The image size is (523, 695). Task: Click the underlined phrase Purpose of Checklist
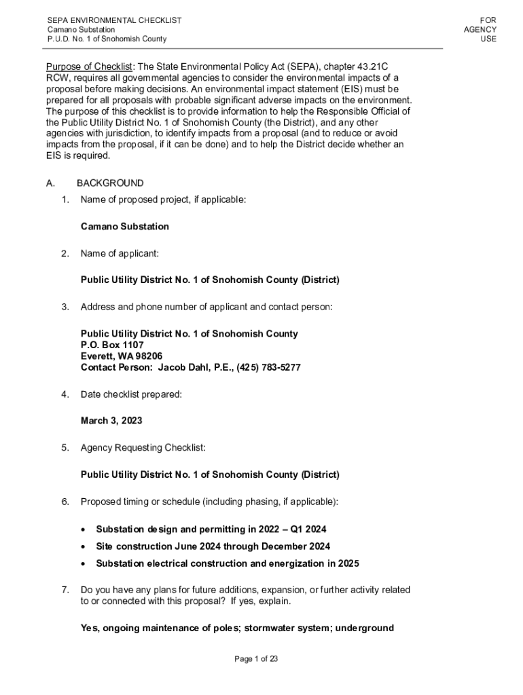(x=89, y=67)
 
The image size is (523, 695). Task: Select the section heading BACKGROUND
(x=110, y=183)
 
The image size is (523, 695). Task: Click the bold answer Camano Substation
(x=124, y=227)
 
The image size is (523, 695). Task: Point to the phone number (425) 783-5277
(x=268, y=367)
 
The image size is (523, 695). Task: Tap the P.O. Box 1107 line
(x=112, y=345)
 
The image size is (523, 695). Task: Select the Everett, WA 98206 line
(x=122, y=356)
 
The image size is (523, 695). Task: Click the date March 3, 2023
(x=111, y=421)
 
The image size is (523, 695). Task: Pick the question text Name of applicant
(x=120, y=254)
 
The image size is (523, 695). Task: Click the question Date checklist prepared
(x=131, y=394)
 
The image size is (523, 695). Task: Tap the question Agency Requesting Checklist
(x=143, y=448)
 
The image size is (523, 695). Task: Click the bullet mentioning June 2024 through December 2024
(x=213, y=546)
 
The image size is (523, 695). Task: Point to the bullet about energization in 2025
(x=227, y=563)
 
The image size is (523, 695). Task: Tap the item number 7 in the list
(x=65, y=590)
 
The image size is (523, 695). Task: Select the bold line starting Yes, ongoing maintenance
(x=237, y=628)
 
